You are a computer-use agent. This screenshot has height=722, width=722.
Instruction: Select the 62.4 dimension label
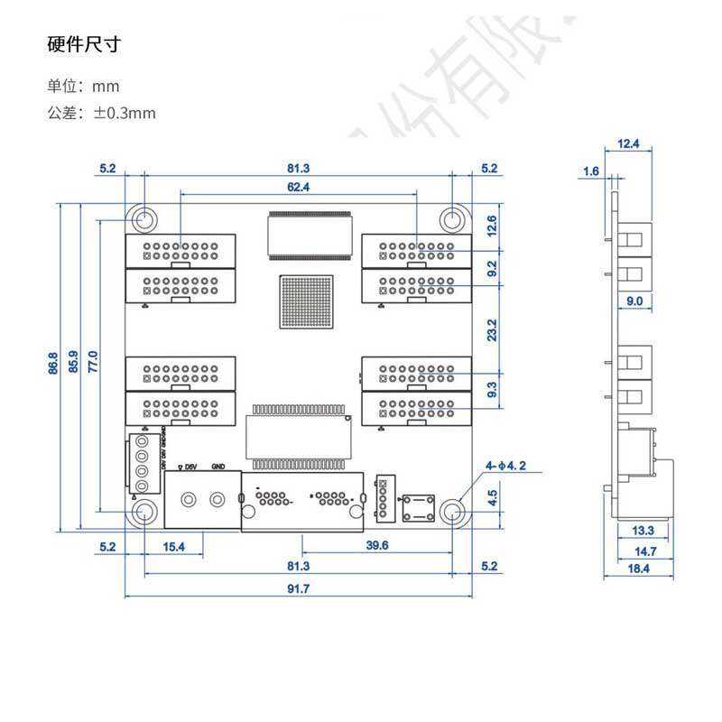coord(298,187)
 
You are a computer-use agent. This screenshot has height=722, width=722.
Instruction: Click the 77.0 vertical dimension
coord(91,361)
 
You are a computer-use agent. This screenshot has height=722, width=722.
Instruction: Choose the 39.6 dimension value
coord(376,545)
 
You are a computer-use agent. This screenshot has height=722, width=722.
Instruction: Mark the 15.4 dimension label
coord(173,546)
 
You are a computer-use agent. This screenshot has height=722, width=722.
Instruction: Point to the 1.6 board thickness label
coord(591,171)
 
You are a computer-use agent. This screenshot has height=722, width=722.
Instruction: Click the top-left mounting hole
coord(143,219)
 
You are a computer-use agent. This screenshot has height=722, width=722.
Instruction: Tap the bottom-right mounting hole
coord(454,513)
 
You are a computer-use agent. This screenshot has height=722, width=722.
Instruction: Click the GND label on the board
coord(218,467)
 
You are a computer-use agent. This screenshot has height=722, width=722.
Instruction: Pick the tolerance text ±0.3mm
coord(101,113)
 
